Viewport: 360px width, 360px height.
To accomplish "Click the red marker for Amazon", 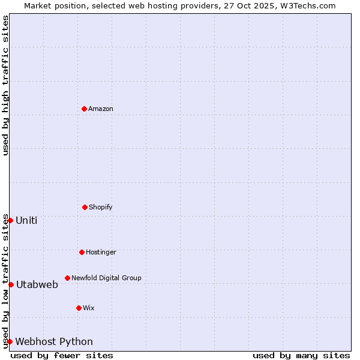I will (x=84, y=109).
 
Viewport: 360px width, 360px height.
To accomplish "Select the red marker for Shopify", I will (x=85, y=207).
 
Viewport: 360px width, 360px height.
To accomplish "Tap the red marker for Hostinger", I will (x=82, y=252).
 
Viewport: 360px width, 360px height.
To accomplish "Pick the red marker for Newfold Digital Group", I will (x=67, y=278).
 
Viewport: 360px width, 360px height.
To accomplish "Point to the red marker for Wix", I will (x=79, y=308).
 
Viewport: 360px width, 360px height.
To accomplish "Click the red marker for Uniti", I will (x=10, y=220).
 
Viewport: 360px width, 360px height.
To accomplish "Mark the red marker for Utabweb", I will (x=11, y=284).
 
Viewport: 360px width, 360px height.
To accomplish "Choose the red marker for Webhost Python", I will (x=10, y=341).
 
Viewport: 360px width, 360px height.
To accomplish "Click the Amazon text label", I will (x=101, y=109).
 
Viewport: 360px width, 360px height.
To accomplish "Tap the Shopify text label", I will (x=101, y=207).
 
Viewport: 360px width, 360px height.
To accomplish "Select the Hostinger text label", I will (x=101, y=252).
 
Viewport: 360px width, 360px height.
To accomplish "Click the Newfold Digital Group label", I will (x=106, y=278).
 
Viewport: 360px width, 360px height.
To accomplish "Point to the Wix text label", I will (x=89, y=308).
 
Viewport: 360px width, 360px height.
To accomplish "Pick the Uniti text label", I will (x=26, y=220).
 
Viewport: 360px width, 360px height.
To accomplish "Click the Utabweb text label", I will (x=37, y=284).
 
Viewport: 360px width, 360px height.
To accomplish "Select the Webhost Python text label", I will (x=54, y=341).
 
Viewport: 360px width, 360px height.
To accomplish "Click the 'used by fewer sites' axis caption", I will (x=62, y=355).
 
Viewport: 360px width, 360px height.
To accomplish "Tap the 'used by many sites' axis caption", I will (x=301, y=355).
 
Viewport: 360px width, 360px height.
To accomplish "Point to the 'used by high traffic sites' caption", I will (x=5, y=85).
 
